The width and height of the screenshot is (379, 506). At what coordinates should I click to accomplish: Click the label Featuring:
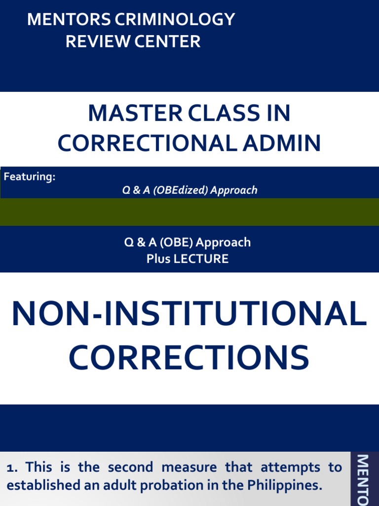(x=30, y=177)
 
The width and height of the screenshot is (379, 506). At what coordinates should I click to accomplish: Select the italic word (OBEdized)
(x=181, y=190)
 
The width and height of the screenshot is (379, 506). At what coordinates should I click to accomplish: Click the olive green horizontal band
(x=189, y=212)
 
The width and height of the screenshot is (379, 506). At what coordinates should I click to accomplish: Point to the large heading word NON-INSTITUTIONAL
(x=189, y=314)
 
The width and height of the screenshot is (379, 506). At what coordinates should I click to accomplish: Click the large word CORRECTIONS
(x=189, y=358)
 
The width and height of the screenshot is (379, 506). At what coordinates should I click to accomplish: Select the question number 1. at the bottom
(x=13, y=467)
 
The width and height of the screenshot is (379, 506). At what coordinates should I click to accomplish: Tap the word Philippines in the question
(x=280, y=486)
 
